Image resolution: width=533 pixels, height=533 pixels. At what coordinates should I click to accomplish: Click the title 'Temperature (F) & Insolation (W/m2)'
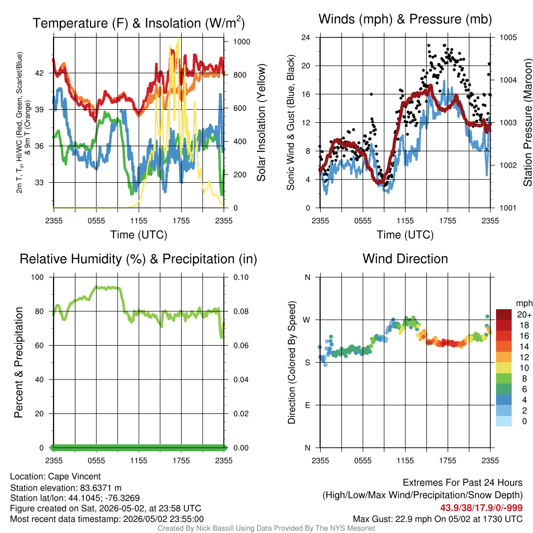point(138,23)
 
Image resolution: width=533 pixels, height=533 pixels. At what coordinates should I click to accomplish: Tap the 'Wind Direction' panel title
point(405,259)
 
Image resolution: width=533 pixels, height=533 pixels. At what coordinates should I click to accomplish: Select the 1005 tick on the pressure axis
point(508,37)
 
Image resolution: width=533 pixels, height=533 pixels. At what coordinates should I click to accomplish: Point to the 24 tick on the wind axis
point(306,37)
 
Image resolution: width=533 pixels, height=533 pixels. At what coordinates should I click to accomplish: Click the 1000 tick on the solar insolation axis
point(242,42)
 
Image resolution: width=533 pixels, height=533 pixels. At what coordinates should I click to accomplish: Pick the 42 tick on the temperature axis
point(40,73)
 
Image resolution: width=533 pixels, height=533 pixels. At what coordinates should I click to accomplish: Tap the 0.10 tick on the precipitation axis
point(241,277)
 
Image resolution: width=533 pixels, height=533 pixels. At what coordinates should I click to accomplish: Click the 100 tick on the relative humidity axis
point(37,277)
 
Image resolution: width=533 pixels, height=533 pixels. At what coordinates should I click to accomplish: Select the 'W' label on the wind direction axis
point(307,320)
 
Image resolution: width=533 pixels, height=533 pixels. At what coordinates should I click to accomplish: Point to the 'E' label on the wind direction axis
point(308,405)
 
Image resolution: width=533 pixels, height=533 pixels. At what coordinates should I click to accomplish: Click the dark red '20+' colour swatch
point(504,314)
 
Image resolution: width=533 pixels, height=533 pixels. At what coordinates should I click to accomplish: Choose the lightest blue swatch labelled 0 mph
point(504,421)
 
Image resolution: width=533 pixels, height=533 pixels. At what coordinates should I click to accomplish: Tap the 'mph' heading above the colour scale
point(524,303)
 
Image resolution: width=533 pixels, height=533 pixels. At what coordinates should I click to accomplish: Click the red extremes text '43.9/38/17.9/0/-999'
point(481,508)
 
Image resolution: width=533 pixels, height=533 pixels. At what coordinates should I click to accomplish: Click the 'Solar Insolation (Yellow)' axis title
point(261,122)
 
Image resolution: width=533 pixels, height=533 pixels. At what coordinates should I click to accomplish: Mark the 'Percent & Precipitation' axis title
point(19,362)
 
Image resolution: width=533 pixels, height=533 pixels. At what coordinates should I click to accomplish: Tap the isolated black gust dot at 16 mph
point(371,94)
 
